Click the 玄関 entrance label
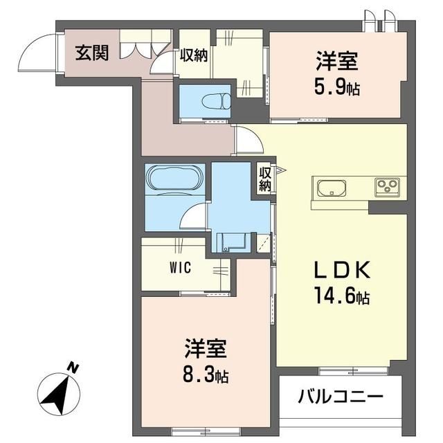92,53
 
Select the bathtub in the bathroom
174,179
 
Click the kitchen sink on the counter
333,188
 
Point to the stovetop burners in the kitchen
386,187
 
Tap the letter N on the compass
73,368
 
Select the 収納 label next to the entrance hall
195,55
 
